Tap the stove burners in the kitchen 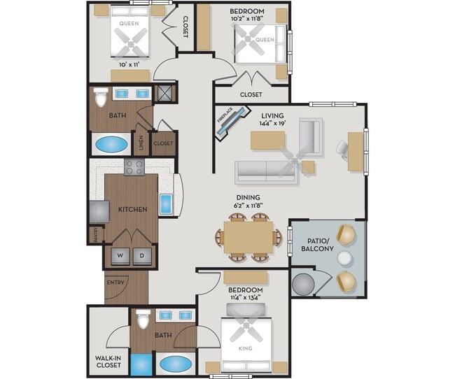pos(134,167)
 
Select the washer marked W pos(120,256)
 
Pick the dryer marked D pos(143,256)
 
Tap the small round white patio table pos(344,259)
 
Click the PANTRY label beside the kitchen pos(92,236)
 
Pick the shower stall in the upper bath pos(164,94)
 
